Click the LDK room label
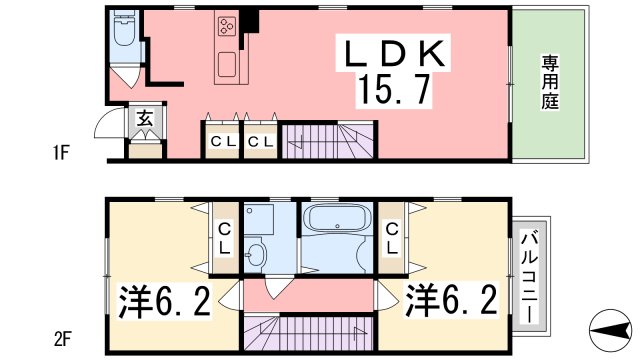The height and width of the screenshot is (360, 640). pyautogui.click(x=393, y=54)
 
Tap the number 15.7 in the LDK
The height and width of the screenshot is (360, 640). pyautogui.click(x=393, y=91)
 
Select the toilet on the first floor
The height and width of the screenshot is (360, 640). pyautogui.click(x=124, y=29)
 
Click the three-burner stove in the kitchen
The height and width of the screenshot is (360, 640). pyautogui.click(x=227, y=26)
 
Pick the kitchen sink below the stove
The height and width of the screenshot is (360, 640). pyautogui.click(x=227, y=64)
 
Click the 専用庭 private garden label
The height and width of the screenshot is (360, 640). pyautogui.click(x=550, y=82)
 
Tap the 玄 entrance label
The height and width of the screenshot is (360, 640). pyautogui.click(x=145, y=118)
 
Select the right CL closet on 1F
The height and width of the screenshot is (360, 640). pyautogui.click(x=261, y=141)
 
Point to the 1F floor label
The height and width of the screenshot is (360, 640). pyautogui.click(x=61, y=153)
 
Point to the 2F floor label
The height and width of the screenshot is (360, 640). pyautogui.click(x=62, y=339)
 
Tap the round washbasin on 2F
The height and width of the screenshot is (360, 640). pyautogui.click(x=256, y=255)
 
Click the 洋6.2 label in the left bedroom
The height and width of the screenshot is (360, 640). pyautogui.click(x=164, y=302)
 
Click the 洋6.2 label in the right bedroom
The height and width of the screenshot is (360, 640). pyautogui.click(x=451, y=301)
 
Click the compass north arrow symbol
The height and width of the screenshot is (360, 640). pyautogui.click(x=609, y=330)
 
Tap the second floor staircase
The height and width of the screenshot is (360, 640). pyautogui.click(x=309, y=333)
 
